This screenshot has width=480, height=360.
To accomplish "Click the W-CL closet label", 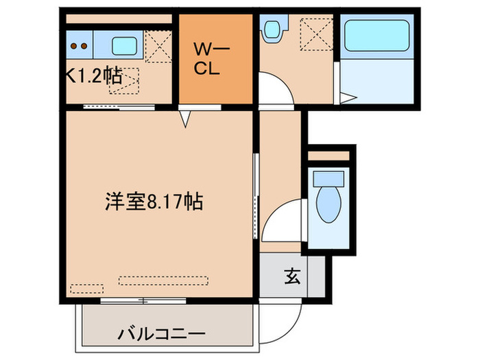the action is click(211, 59).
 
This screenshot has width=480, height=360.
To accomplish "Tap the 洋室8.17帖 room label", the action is click(154, 202).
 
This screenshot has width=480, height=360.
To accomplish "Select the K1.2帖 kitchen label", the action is click(95, 75).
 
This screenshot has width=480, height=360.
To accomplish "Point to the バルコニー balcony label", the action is click(162, 334).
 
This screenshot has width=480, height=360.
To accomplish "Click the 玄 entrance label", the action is click(292, 276).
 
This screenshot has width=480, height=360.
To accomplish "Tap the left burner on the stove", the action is click(74, 46).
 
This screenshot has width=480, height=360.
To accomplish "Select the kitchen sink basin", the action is click(124, 46).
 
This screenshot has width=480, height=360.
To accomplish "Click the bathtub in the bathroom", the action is click(377, 36).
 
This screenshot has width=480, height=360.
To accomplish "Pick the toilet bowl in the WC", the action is click(328, 204).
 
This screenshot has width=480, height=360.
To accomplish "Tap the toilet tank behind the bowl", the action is click(328, 179).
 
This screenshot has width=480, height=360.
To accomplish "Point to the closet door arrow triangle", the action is click(186, 119).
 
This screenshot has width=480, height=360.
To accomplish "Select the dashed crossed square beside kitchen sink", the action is click(158, 47).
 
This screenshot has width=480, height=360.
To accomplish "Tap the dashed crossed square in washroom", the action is click(316, 34).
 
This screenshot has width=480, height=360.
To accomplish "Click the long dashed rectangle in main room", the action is click(163, 280).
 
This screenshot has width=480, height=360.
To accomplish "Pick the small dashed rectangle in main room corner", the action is click(86, 289).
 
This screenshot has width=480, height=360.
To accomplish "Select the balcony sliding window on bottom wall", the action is click(143, 300).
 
